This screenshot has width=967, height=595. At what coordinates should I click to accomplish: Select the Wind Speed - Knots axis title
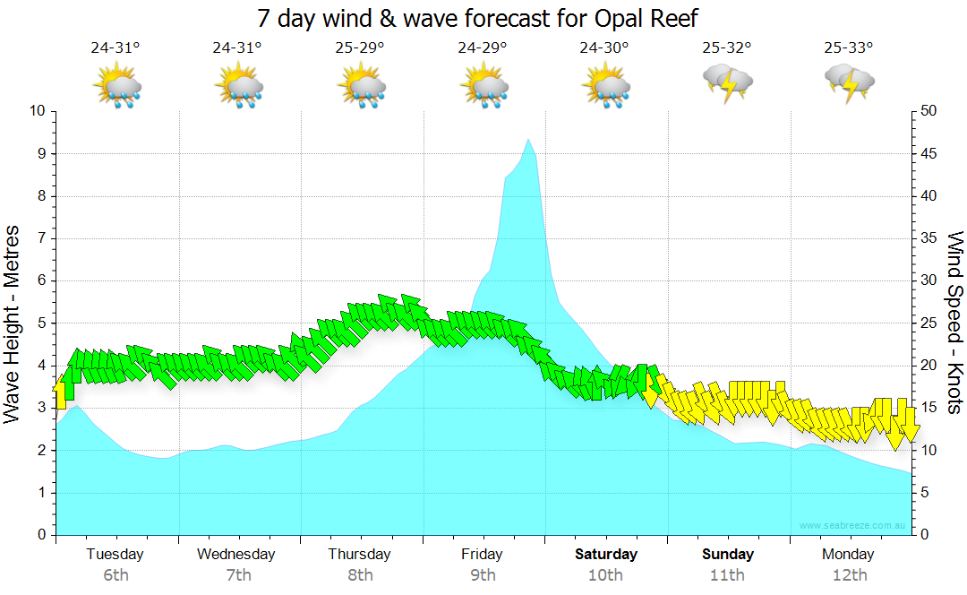(954, 323)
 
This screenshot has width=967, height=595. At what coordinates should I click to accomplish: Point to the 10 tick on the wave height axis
(38, 111)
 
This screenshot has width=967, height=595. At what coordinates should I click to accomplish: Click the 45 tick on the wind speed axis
(929, 154)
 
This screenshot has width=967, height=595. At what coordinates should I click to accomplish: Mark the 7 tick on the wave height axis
(39, 238)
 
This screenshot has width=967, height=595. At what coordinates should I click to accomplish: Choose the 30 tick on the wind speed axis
(929, 281)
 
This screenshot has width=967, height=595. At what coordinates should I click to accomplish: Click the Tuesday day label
(116, 554)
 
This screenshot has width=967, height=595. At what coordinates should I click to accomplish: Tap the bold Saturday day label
(606, 554)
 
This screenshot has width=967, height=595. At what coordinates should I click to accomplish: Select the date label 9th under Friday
(483, 574)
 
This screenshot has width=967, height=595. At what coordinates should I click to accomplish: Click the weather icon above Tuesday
(116, 87)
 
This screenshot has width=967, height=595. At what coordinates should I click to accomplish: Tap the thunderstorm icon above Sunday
(728, 82)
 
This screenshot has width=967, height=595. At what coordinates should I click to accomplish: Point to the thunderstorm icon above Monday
(850, 82)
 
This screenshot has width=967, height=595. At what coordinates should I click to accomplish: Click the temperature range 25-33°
(849, 48)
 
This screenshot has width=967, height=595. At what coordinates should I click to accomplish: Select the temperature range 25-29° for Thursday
(360, 48)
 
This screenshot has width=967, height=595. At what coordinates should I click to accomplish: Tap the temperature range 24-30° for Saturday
(604, 48)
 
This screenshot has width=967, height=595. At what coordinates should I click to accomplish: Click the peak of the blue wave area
(528, 141)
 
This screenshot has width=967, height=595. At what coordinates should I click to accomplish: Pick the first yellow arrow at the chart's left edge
(61, 393)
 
